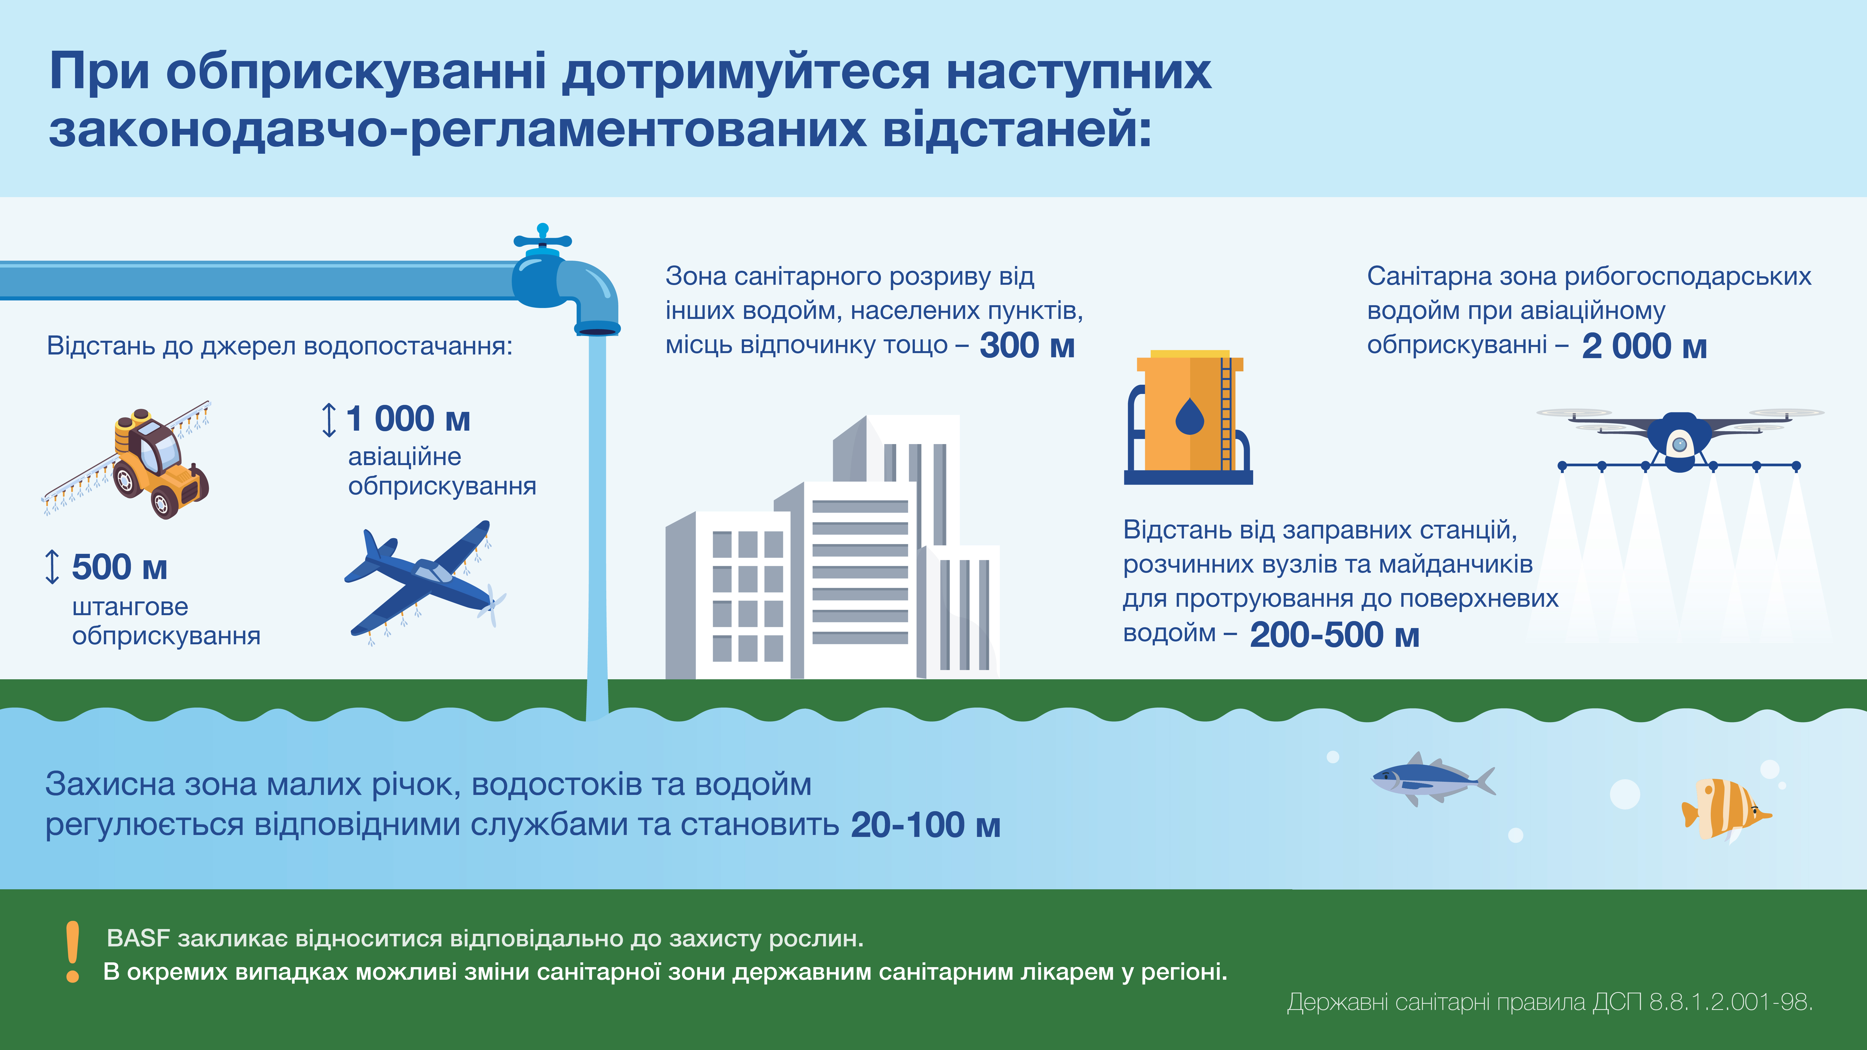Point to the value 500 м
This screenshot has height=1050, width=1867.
coord(120,567)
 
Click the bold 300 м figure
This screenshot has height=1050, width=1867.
coord(1027,345)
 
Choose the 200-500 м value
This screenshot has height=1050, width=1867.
coord(1334,635)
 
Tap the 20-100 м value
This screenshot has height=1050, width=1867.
coord(926,825)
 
